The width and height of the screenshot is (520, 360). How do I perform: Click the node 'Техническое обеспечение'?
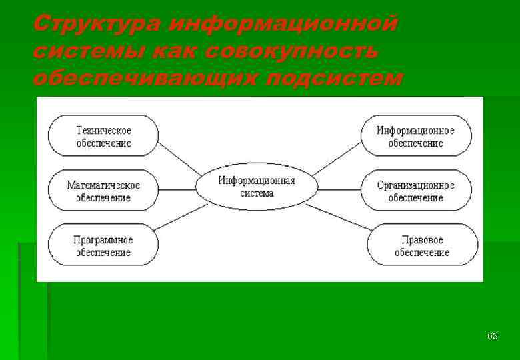[x=103, y=136]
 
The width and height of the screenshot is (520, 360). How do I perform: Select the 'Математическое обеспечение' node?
[x=103, y=191]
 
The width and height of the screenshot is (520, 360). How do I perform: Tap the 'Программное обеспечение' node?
[x=103, y=245]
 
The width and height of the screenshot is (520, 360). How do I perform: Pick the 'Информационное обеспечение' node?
[x=415, y=136]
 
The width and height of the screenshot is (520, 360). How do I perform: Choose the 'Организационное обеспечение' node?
[x=415, y=191]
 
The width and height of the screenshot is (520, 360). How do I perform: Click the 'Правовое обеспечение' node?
[x=422, y=245]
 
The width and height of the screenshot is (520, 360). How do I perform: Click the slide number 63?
[x=493, y=336]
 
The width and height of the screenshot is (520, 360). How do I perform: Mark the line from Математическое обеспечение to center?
[x=177, y=189]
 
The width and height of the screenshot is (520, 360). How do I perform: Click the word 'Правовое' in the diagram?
[x=422, y=239]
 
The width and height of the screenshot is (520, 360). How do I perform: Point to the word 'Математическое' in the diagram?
[x=103, y=185]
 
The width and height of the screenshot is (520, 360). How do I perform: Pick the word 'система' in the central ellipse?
[x=257, y=193]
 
